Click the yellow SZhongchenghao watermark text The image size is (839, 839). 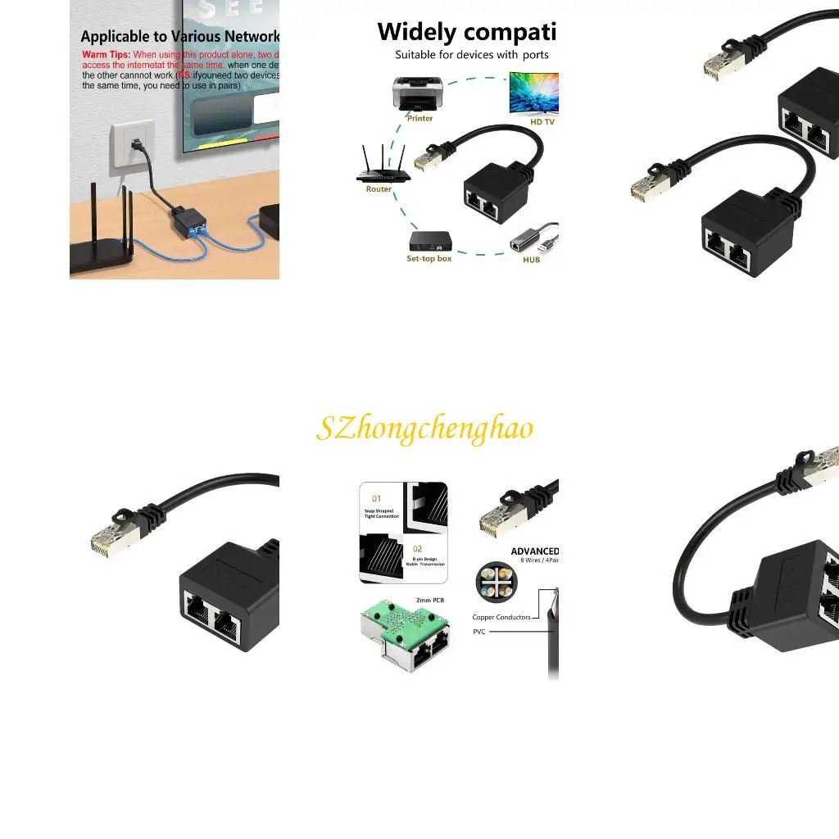coord(424,429)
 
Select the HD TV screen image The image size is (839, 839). coord(533,93)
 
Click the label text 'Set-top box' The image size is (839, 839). coord(429,259)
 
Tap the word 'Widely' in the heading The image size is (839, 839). coord(415,32)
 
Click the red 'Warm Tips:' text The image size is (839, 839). coord(106,55)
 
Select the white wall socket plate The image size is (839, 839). coord(132,143)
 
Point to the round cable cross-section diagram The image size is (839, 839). coord(496,583)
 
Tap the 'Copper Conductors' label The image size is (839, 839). coord(501,617)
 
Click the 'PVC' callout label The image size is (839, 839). coord(479,632)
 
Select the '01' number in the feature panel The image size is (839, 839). coord(377,497)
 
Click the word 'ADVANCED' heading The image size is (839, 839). coord(534,551)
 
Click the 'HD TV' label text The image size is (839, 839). coord(542,122)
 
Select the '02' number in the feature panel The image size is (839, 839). coord(418,549)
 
